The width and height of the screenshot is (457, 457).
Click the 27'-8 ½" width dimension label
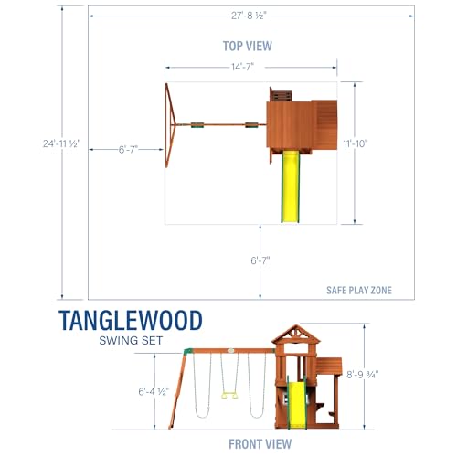tap(249, 16)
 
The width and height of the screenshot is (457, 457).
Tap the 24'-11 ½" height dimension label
tap(61, 143)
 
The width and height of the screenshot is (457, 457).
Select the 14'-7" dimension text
tap(243, 67)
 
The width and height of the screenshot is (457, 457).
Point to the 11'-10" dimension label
tap(356, 143)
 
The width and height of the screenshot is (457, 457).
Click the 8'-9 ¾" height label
tap(363, 374)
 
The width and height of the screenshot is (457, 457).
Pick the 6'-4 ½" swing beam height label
tap(154, 391)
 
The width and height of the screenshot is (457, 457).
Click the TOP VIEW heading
tap(248, 46)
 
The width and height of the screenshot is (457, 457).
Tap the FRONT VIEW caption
tap(260, 444)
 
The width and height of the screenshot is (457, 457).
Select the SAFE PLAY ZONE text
tap(359, 291)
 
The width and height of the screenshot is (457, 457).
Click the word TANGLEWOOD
tap(131, 320)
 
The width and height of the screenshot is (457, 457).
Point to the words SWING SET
tap(131, 340)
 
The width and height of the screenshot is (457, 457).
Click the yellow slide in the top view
tap(291, 186)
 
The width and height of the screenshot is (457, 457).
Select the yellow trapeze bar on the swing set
tap(229, 396)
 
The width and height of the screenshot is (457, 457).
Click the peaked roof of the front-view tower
tap(295, 335)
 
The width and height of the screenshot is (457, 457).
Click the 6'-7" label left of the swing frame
tap(128, 149)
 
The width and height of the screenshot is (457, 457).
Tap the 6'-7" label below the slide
tap(260, 260)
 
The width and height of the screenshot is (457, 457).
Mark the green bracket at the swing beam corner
tap(188, 351)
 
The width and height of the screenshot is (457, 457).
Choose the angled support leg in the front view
tap(178, 390)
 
